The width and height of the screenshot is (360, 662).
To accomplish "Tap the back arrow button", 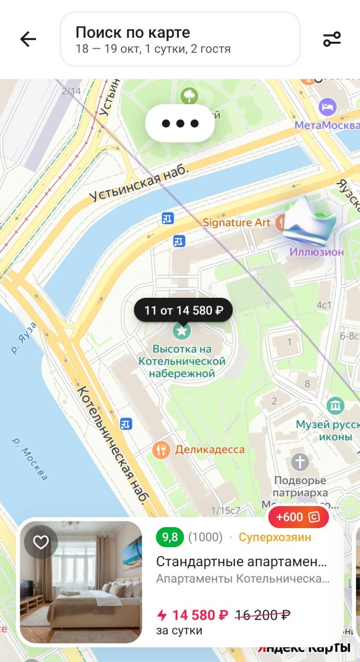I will [x=28, y=39].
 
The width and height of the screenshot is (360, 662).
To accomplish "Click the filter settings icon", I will [x=332, y=39].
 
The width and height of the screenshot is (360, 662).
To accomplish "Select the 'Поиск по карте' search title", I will [x=133, y=32].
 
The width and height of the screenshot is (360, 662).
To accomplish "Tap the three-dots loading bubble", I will [x=180, y=123].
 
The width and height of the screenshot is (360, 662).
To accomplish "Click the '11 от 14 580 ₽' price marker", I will [x=183, y=310].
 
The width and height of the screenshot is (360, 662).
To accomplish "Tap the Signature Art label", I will [x=236, y=222].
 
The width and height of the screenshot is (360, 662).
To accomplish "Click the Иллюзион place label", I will [x=317, y=252].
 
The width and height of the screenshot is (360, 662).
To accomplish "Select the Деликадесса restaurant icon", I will [x=161, y=449].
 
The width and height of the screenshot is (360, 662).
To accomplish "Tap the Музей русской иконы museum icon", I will [x=336, y=405].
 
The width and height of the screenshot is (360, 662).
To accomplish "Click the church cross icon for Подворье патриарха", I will [x=300, y=463].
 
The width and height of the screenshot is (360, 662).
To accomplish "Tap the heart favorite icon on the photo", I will [x=41, y=542].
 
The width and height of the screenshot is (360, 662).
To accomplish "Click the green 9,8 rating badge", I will [x=170, y=537].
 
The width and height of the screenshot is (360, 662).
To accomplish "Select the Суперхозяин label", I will [x=274, y=537].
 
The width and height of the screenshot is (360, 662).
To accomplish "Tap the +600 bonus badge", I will [x=298, y=517].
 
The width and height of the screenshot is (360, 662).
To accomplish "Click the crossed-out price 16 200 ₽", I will [x=262, y=615].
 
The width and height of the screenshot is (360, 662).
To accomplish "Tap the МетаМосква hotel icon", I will [x=327, y=106].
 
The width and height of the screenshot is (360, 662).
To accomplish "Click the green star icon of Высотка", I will [x=182, y=331].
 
